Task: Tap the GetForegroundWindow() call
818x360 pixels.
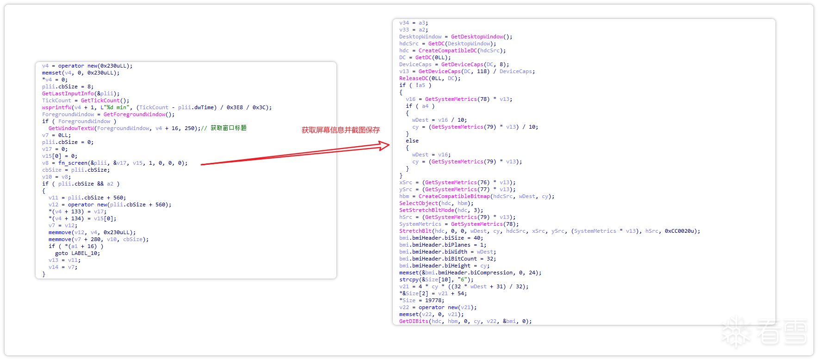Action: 139,114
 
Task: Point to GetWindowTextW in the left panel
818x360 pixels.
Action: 71,128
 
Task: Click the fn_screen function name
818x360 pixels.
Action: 73,163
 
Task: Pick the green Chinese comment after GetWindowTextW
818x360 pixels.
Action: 229,128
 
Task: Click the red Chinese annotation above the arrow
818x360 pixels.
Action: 341,130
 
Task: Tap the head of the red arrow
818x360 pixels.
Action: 389,145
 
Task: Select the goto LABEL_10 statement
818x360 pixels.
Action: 77,253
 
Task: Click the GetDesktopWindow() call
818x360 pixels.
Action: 482,37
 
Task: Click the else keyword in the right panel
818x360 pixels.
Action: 412,141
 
